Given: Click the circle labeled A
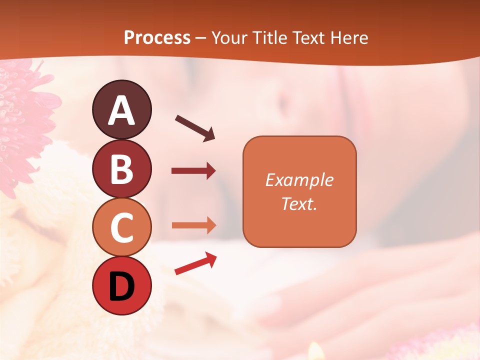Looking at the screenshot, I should click(x=121, y=109).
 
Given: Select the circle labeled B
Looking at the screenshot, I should click(x=121, y=168).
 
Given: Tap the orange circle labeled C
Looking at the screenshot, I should click(x=121, y=227).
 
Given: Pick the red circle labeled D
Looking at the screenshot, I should click(x=121, y=286).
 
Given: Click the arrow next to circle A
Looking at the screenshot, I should click(x=194, y=128).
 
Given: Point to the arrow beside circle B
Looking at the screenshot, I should click(x=193, y=171).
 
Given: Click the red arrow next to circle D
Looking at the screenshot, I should click(x=195, y=263).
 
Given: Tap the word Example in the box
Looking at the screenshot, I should click(x=299, y=180).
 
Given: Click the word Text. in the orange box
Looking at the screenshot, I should click(x=299, y=203).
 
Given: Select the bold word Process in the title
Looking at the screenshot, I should click(x=157, y=37).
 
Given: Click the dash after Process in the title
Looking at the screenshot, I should click(x=201, y=38).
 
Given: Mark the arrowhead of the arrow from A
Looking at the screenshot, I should click(x=209, y=135).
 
